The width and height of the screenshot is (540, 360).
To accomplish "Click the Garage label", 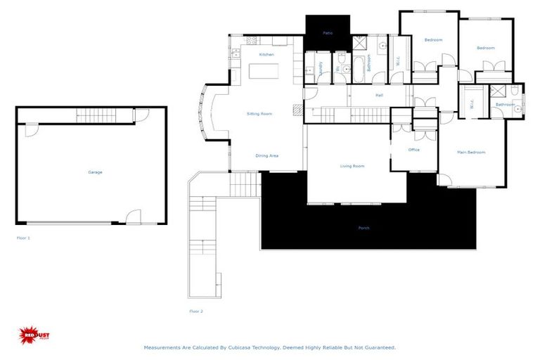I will tap(95, 172).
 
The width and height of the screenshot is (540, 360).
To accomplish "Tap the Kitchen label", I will tap(266, 54).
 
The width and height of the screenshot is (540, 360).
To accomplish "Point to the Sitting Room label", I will tap(259, 113).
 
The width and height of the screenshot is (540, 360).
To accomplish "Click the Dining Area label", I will tap(266, 155).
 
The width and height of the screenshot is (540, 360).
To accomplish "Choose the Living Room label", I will tap(352, 166).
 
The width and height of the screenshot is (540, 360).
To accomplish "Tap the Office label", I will tap(414, 150).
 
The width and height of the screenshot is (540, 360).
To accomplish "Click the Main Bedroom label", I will tap(471, 152).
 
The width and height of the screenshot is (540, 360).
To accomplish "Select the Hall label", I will tap(379, 95).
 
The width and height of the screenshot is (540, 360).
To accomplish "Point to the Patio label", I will tap(328, 33).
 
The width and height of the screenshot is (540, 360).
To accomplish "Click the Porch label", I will tap(364, 228).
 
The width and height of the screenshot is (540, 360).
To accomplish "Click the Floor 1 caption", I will tap(23, 238).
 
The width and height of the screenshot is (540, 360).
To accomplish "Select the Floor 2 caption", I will tap(195, 310).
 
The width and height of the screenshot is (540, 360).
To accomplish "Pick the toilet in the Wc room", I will tap(341, 59).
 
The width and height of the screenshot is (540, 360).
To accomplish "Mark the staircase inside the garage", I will tap(104, 115).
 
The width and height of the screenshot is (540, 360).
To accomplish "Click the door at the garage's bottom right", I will tap(133, 217).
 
